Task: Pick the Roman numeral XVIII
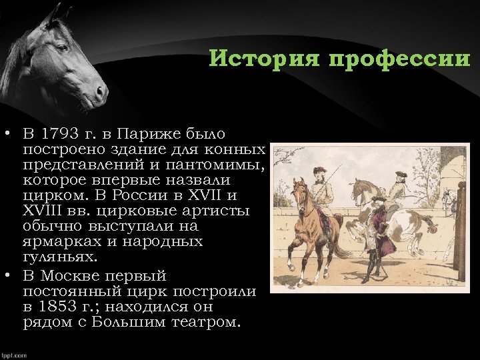[43, 211]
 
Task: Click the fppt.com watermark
[14, 355]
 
